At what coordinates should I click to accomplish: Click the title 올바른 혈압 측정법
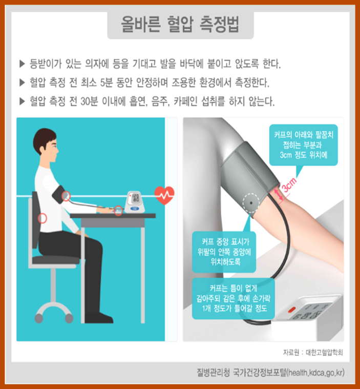pos(180,24)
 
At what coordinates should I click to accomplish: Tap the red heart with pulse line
pos(164,194)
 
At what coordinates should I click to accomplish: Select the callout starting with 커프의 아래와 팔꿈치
pos(304,145)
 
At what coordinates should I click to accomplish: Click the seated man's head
pos(46,146)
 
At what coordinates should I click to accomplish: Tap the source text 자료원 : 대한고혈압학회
pos(312,353)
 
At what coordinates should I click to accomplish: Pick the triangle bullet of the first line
pos(22,64)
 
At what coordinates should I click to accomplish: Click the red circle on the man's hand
pos(118,210)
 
